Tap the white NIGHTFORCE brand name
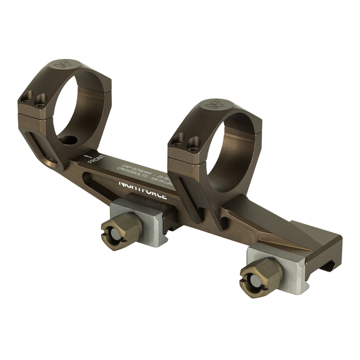[x=143, y=190]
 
